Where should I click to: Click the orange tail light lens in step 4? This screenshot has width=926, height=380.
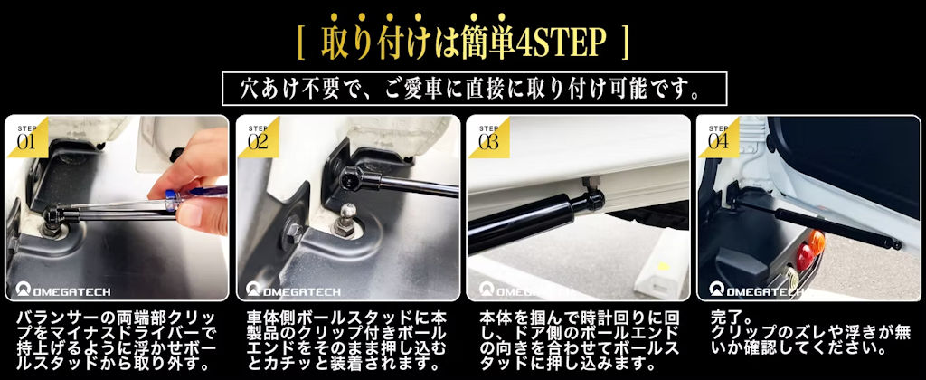817,242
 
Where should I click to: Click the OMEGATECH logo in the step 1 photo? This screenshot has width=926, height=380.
63,290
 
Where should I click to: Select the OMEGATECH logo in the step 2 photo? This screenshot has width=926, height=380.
294,290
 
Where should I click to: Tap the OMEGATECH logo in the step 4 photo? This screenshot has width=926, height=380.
756,290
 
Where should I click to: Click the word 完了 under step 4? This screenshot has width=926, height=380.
723,318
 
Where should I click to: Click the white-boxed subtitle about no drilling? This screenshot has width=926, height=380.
474,89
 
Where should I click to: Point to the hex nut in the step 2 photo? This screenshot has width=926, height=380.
294,230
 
